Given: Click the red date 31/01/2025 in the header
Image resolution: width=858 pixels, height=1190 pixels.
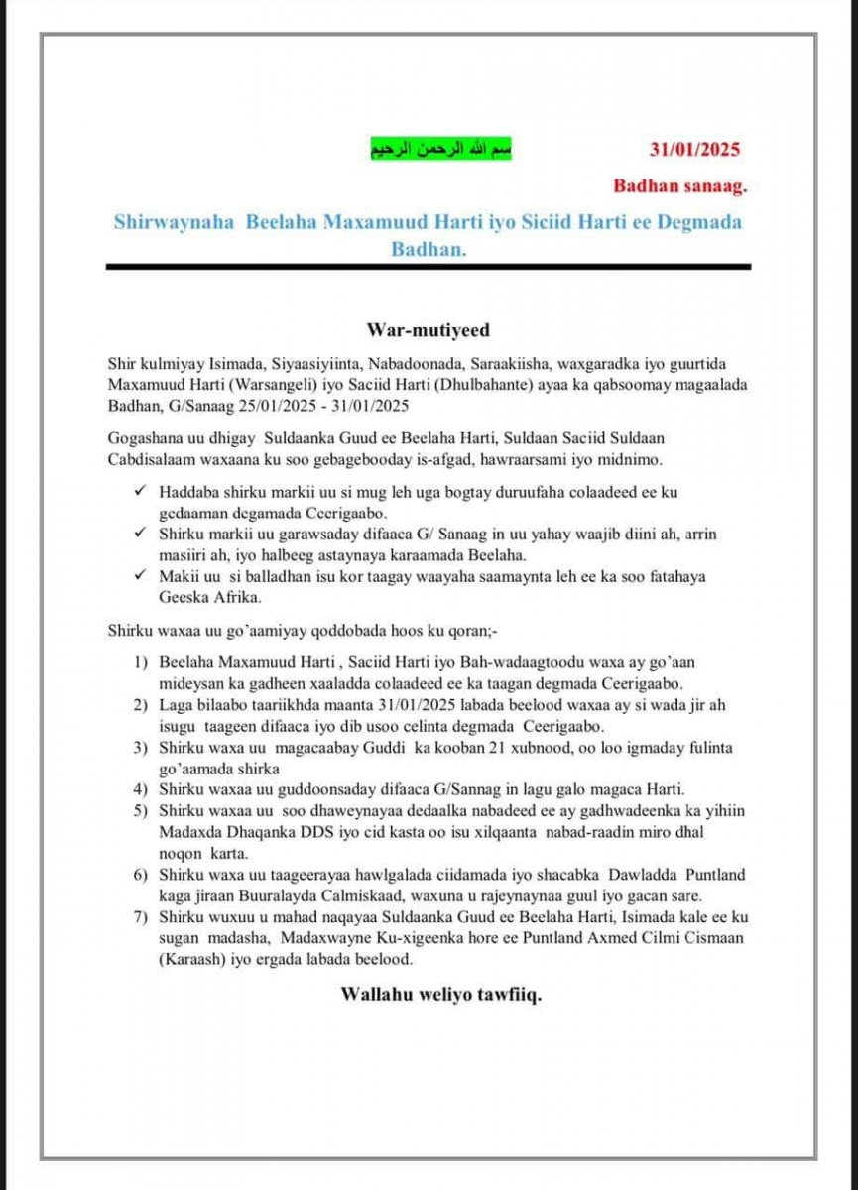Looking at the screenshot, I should click(694, 151).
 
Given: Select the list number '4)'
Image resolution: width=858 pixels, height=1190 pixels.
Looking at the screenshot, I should click(142, 790).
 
